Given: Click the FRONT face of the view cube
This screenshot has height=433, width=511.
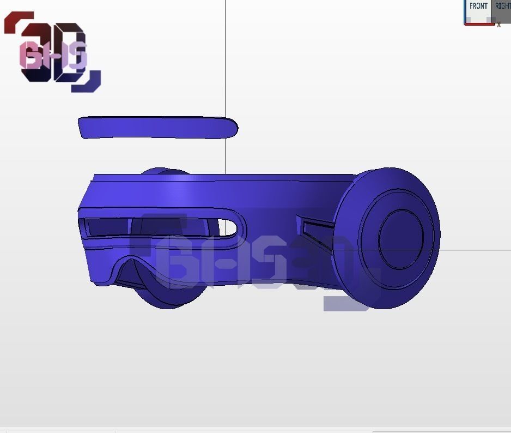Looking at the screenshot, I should (478, 10).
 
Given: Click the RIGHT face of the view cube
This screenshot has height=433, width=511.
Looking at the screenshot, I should (503, 10).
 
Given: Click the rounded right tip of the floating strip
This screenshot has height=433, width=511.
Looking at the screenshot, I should (233, 128).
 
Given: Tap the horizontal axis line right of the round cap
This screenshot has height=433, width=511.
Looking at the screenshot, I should (474, 250).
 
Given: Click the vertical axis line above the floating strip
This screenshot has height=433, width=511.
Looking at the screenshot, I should (226, 55).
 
